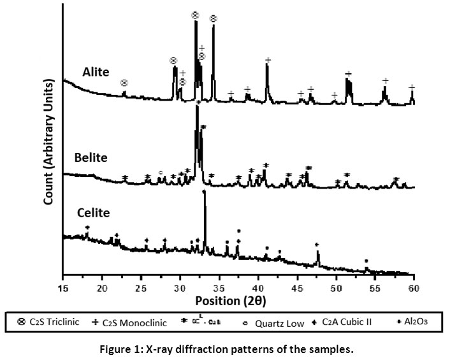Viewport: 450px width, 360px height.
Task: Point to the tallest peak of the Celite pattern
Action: (x=205, y=192)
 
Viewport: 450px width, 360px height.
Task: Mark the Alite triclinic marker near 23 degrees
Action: (x=124, y=83)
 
